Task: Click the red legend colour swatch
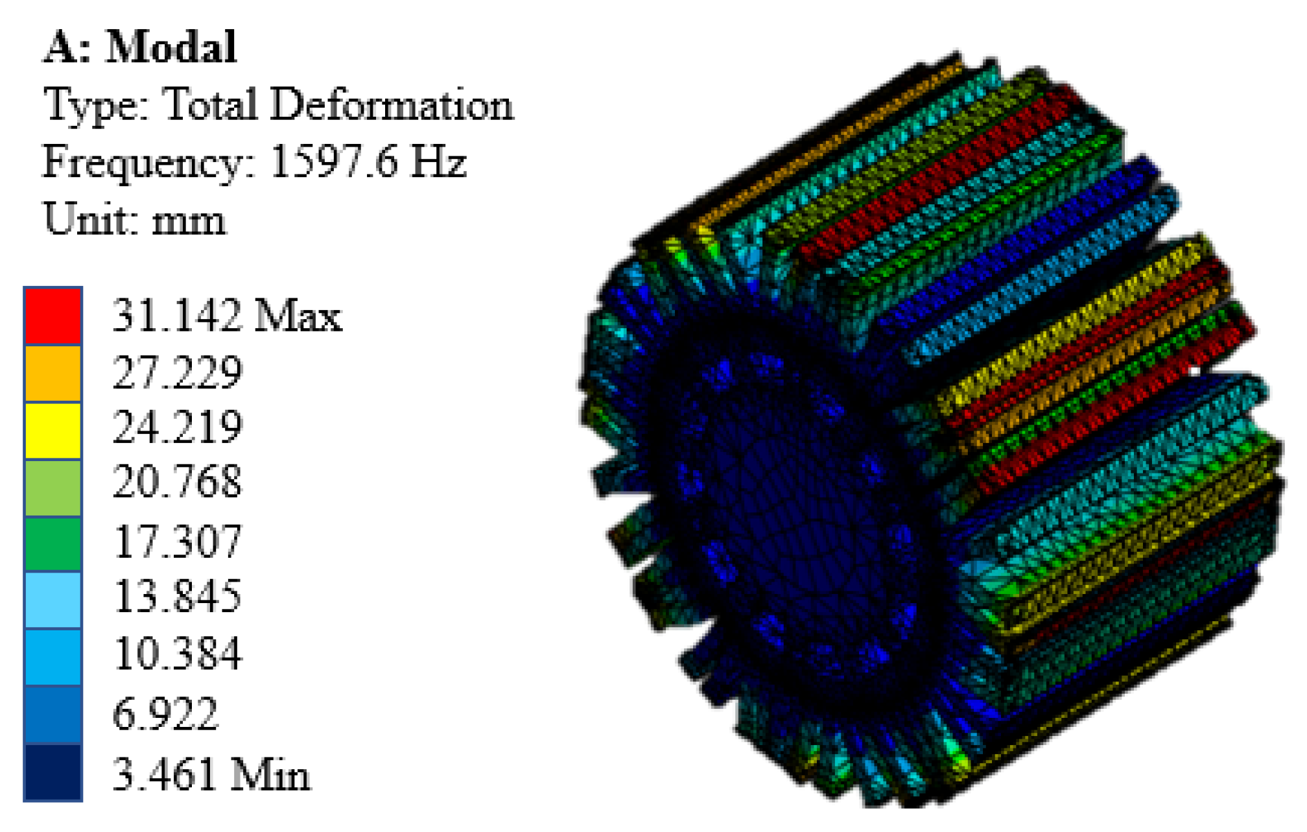point(53,316)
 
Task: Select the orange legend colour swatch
point(53,373)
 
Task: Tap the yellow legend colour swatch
point(53,430)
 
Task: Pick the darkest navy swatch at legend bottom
point(53,772)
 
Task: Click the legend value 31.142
point(176,316)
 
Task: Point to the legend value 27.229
point(177,373)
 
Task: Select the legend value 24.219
point(177,428)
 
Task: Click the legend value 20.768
point(177,482)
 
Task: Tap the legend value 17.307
point(177,541)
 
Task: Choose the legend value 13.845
point(177,597)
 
